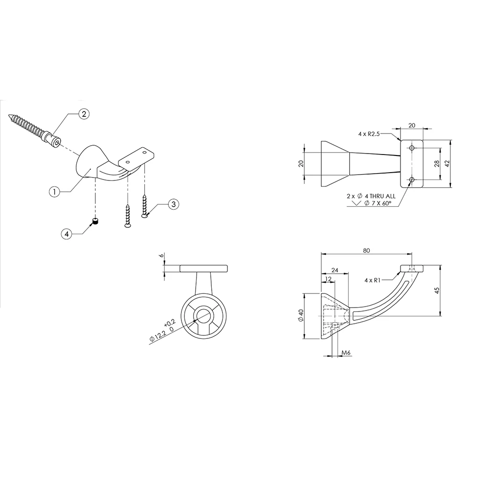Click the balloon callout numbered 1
[x=55, y=192]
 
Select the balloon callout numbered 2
[x=84, y=114]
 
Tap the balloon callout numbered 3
[x=174, y=204]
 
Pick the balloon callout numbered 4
[x=66, y=234]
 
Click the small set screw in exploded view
[x=95, y=222]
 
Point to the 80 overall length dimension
[x=366, y=250]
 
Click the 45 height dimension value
[x=437, y=290]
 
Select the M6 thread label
[x=346, y=353]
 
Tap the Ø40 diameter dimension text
[x=301, y=315]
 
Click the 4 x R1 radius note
[x=372, y=280]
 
